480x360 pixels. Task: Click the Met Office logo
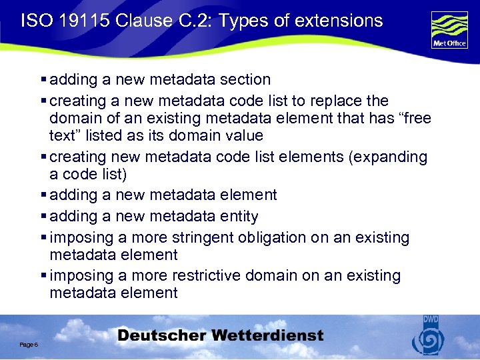[449, 30]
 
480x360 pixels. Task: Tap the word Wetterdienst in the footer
[271, 335]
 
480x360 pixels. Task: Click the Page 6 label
[28, 345]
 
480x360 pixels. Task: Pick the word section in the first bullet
[245, 79]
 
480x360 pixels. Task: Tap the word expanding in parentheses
[393, 157]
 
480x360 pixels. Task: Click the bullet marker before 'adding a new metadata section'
[43, 80]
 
